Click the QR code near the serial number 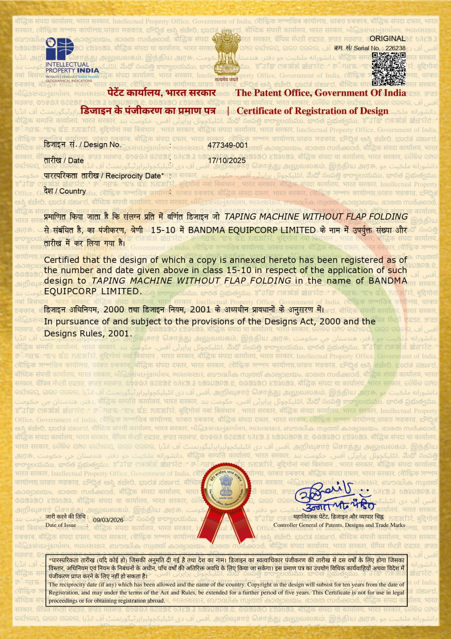tap(388, 69)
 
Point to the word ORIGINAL tap(387, 39)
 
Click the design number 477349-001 tap(227, 145)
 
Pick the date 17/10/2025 tap(227, 161)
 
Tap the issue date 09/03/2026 tap(108, 520)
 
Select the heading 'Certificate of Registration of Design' tap(313, 111)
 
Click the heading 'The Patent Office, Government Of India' tap(320, 93)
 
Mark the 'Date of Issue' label tap(61, 525)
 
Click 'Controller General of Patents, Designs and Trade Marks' tap(339, 525)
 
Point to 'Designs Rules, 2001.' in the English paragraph tap(87, 334)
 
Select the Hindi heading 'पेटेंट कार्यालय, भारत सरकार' tap(161, 93)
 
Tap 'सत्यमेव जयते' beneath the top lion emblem tap(226, 79)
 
